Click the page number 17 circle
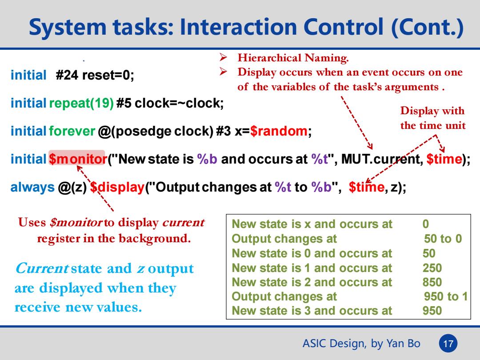click(448, 343)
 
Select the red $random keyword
click(279, 131)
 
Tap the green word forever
click(72, 131)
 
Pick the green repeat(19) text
click(81, 103)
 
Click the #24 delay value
click(67, 75)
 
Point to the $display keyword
click(117, 187)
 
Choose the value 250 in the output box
click(432, 268)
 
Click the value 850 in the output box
click(432, 282)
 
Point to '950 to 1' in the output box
click(446, 296)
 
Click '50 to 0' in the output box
click(443, 239)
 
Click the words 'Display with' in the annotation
click(432, 111)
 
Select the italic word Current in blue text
click(42, 268)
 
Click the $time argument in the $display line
click(366, 187)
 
